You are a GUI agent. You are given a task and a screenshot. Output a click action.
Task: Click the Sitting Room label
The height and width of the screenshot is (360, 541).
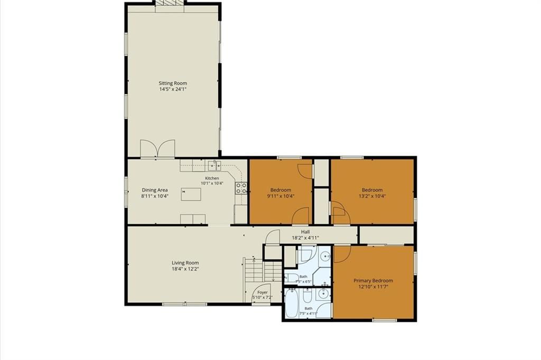(x=173, y=83)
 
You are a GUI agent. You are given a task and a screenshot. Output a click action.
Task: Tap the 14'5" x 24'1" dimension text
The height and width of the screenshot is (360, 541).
(x=173, y=89)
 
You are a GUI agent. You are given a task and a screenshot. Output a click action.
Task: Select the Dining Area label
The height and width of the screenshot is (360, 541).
(x=155, y=190)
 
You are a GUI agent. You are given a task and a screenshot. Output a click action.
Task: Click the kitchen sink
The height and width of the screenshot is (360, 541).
(x=214, y=165)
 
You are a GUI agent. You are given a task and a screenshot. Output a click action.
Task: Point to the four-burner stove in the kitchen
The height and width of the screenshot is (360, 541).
(x=241, y=188)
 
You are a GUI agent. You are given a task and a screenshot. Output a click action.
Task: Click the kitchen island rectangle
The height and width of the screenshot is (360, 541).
(x=191, y=195)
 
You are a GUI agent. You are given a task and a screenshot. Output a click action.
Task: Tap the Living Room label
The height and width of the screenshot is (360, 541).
(x=185, y=263)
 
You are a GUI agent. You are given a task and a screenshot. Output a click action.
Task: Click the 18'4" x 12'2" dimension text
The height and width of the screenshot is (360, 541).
(x=185, y=269)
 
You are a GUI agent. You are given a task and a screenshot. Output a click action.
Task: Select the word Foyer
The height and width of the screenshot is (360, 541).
(x=263, y=292)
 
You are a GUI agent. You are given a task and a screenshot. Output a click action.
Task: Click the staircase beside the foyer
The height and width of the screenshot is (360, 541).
(x=263, y=271)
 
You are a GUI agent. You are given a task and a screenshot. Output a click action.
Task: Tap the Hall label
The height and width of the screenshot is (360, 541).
(x=305, y=232)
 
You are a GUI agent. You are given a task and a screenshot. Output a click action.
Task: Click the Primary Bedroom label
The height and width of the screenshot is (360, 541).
(x=374, y=281)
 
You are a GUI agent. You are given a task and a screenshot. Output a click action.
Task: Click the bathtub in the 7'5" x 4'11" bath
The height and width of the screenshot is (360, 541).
(x=292, y=304)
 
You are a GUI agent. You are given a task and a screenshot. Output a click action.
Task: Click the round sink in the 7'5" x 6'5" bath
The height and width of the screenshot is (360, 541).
(x=325, y=256)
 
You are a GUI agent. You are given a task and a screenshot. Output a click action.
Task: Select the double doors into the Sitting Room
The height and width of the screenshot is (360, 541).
(x=157, y=149)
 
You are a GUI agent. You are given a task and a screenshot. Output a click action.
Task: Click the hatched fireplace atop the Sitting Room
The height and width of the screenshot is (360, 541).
(x=170, y=3)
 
